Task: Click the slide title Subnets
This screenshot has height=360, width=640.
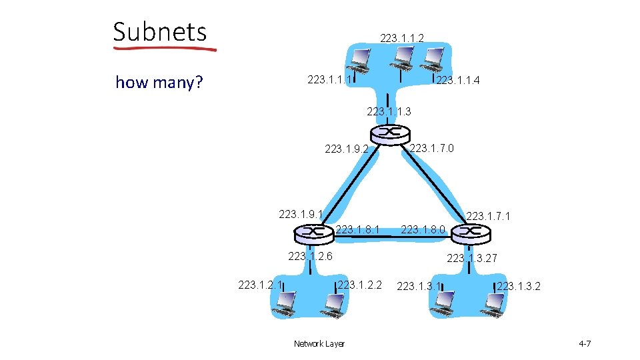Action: (x=160, y=31)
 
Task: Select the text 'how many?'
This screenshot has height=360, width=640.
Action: (x=159, y=83)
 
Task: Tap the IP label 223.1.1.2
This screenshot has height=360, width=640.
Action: (x=402, y=39)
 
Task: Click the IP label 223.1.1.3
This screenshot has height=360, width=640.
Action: (x=389, y=111)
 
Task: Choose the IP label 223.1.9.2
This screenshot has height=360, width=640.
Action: (x=347, y=149)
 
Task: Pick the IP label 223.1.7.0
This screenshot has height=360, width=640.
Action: (x=432, y=147)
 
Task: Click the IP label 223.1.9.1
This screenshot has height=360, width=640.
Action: (x=301, y=214)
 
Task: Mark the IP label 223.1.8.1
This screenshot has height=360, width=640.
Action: (x=358, y=230)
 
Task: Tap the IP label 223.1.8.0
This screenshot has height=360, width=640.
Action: (x=423, y=231)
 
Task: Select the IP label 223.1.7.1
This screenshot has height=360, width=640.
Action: (x=489, y=216)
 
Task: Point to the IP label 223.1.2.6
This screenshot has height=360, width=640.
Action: (x=310, y=256)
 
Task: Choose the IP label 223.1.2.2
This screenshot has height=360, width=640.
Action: (x=360, y=285)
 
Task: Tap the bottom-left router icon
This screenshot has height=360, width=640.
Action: (x=313, y=233)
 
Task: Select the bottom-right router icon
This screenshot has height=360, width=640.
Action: (x=470, y=233)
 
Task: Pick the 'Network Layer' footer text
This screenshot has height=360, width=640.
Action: (x=319, y=344)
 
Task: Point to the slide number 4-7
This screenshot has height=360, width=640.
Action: (x=585, y=344)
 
